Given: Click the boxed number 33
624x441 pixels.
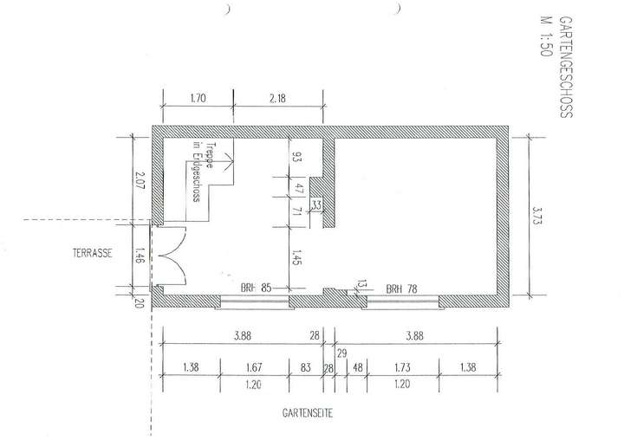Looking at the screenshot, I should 316,204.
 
